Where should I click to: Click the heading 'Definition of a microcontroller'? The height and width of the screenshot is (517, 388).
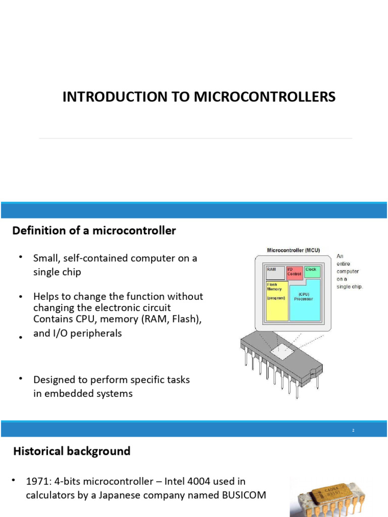point(94,231)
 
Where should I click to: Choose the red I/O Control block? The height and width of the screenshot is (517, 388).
point(295,273)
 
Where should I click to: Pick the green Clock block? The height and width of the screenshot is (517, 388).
point(312,272)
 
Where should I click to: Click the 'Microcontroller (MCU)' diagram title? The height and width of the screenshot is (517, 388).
point(293,250)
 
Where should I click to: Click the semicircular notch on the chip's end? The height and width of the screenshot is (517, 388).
point(315,371)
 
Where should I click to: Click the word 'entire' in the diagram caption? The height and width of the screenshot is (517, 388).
point(344,263)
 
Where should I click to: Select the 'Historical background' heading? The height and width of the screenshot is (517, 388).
point(71,451)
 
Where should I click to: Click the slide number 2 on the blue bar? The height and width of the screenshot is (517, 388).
point(353,430)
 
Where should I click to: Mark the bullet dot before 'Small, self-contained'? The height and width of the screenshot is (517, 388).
point(21,257)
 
